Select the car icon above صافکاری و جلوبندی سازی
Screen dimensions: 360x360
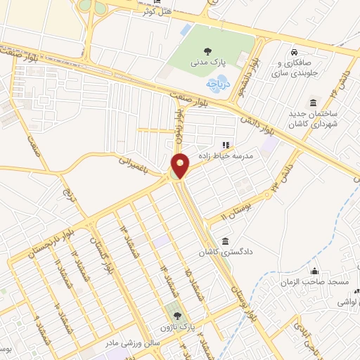point(295,51)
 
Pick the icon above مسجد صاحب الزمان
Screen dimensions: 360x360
point(314,271)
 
